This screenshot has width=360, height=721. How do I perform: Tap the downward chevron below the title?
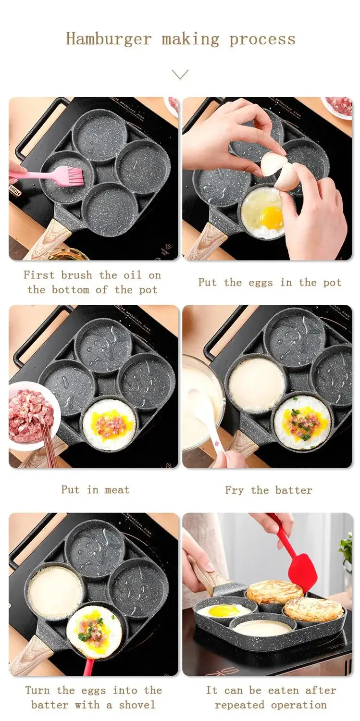pos(180,75)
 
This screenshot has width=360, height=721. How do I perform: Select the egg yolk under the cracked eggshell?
pos(272,218)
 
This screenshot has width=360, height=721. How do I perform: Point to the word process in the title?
pos(262,39)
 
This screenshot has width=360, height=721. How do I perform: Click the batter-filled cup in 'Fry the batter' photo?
pos(256,385)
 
